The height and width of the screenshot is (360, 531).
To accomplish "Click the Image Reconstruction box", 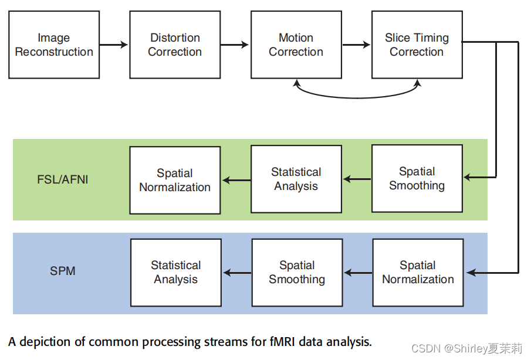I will (54, 45).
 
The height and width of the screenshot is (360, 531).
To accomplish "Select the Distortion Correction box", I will (175, 45).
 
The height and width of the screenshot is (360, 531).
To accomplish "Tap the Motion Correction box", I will (296, 45).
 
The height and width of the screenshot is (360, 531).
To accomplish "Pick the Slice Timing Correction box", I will (417, 45).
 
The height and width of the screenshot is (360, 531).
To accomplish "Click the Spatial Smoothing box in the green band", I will (417, 179).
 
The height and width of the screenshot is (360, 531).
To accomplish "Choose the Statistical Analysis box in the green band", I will (296, 179).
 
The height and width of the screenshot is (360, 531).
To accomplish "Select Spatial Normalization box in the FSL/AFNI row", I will (175, 180).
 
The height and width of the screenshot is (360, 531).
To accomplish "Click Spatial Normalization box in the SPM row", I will (418, 273).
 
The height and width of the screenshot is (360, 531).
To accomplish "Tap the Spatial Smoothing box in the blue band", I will (297, 273).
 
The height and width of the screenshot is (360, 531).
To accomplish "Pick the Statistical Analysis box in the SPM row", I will (176, 273).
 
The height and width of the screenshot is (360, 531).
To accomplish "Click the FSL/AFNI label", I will (63, 179).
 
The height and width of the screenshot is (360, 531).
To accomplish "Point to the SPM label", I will (63, 271).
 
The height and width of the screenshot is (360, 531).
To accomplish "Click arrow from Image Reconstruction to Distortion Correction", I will (114, 45).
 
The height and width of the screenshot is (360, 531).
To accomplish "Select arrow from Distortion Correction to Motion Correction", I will (235, 45).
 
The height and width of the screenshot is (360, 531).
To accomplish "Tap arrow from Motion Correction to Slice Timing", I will (356, 45).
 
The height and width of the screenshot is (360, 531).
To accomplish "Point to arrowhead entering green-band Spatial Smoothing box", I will (468, 176).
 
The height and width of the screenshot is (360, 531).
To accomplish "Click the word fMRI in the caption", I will (283, 342).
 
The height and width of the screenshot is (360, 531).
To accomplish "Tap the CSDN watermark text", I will (466, 349).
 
